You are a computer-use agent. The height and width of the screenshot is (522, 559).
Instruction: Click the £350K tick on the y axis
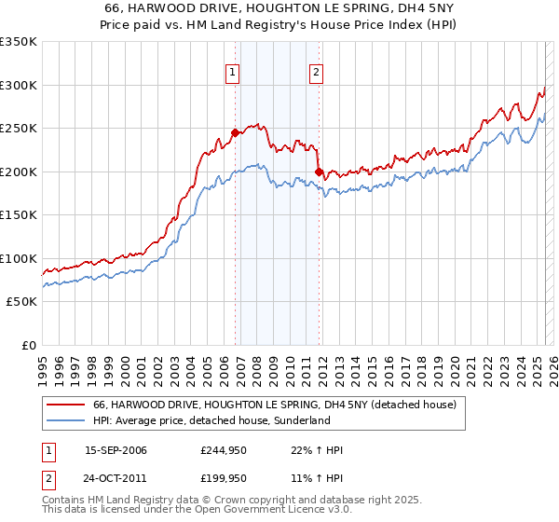pyautogui.click(x=19, y=42)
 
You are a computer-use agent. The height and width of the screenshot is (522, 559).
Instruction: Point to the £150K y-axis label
pyautogui.click(x=19, y=214)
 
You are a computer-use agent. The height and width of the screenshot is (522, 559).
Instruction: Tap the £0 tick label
pyautogui.click(x=28, y=345)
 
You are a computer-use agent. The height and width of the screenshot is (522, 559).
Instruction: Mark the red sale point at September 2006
pyautogui.click(x=235, y=133)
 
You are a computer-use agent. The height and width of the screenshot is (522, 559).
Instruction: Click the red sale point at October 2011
pyautogui.click(x=319, y=172)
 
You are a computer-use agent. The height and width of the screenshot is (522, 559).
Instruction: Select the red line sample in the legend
pyautogui.click(x=65, y=405)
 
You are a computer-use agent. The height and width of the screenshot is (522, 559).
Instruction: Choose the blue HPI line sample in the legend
pyautogui.click(x=65, y=421)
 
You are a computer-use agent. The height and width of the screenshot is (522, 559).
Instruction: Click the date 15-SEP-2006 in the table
pyautogui.click(x=116, y=450)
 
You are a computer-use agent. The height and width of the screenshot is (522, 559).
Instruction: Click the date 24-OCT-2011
pyautogui.click(x=116, y=478)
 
